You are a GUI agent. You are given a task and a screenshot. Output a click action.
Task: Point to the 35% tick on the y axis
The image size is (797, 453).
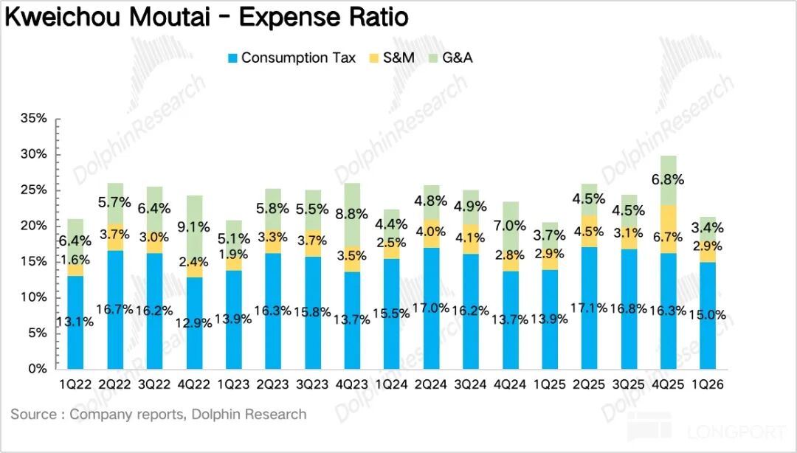coord(35,118)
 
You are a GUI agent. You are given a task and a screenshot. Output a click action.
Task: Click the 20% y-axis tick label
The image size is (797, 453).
coord(35,226)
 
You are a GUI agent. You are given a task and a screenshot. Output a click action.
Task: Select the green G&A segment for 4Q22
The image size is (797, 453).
coord(195,236)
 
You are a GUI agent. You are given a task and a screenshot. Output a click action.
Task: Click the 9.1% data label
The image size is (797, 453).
coord(195,227)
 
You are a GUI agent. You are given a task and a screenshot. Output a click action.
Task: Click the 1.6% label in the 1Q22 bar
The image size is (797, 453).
coord(75,258)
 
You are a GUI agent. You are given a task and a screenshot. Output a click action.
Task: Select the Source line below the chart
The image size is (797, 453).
coord(158,415)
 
